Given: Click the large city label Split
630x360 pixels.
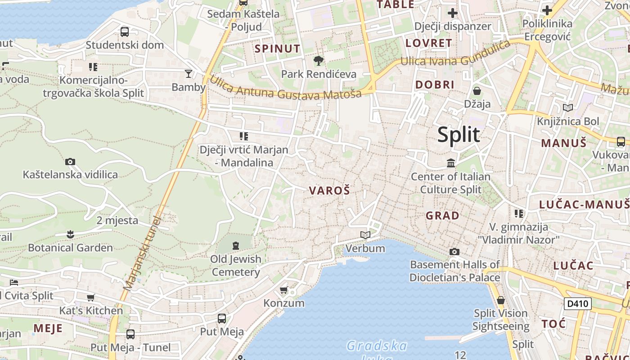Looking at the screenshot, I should point(459,135).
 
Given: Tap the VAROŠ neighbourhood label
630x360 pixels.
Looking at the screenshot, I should point(329,190).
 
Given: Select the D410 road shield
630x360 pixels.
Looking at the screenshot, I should point(577,304).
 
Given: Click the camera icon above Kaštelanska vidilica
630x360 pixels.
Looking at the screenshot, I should point(70,162).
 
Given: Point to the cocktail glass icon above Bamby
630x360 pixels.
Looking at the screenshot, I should point(188,73).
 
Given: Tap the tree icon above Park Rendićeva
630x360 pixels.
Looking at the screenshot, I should point(319,60).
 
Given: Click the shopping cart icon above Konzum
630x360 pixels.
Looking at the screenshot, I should point(283,290).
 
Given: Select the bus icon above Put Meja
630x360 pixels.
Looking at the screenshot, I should point(222,319).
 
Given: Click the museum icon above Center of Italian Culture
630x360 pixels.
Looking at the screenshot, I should point(450,163).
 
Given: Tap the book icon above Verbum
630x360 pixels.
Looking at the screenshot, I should point(365,235).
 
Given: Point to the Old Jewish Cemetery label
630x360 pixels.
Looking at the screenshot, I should point(236,265).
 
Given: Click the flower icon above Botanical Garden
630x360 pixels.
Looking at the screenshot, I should point(70,234).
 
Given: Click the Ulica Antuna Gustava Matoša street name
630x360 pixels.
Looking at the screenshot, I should point(285,87).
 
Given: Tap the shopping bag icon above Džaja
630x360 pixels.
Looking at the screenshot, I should point(477,91).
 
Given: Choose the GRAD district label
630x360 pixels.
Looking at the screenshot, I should point(442,216).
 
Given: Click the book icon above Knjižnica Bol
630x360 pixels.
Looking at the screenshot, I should point(568,108).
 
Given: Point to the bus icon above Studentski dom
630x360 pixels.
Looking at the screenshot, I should point(125,32).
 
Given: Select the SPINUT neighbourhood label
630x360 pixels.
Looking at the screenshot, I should point(277,49).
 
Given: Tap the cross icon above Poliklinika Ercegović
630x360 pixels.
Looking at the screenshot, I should point(547,10).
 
